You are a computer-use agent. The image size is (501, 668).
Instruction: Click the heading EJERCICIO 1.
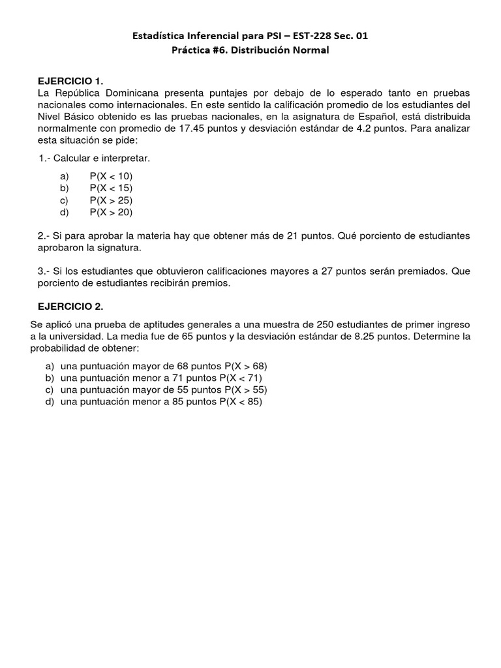click(71, 81)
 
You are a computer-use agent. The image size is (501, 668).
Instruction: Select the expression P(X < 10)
click(111, 176)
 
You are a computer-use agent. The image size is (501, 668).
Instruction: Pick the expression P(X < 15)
click(111, 188)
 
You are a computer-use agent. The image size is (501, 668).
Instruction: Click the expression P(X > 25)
click(111, 200)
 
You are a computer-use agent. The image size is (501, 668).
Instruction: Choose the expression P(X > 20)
click(111, 211)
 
